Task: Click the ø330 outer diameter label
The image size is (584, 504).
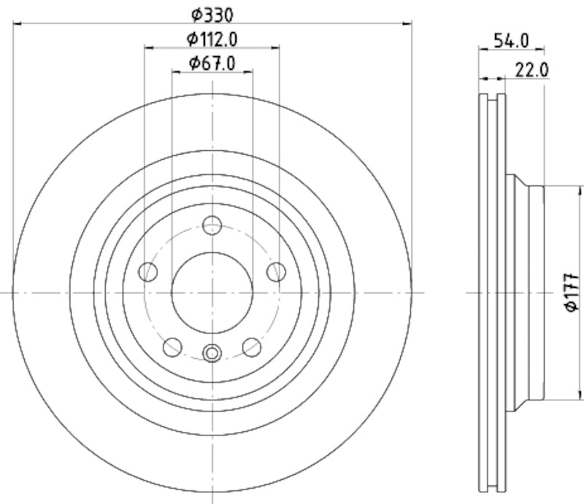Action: pyautogui.click(x=212, y=13)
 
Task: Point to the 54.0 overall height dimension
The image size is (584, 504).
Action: pyautogui.click(x=511, y=40)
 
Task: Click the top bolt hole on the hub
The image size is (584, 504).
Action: pyautogui.click(x=212, y=225)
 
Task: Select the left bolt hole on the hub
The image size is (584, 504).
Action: pyautogui.click(x=149, y=272)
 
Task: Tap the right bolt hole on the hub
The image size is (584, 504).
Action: pyautogui.click(x=276, y=272)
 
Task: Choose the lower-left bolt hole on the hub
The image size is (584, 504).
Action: pyautogui.click(x=172, y=346)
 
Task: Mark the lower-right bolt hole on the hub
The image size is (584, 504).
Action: pyautogui.click(x=252, y=346)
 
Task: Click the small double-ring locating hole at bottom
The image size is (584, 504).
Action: pyautogui.click(x=212, y=354)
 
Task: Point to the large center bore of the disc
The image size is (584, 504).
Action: pyautogui.click(x=212, y=292)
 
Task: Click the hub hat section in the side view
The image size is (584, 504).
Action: pyautogui.click(x=527, y=292)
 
